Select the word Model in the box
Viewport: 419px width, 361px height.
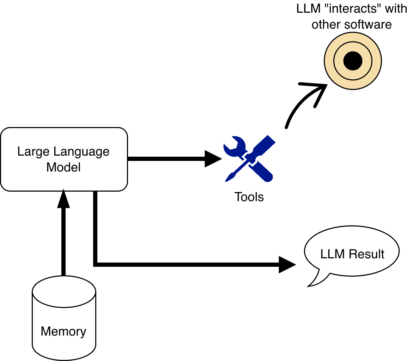click(63, 167)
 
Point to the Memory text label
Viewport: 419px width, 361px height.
click(63, 331)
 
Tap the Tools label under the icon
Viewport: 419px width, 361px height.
click(249, 197)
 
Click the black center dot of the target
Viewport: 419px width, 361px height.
click(353, 61)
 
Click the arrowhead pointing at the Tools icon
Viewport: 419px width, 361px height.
click(213, 159)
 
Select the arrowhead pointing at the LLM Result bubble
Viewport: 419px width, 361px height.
click(287, 264)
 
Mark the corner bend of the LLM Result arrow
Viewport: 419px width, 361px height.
click(96, 264)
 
